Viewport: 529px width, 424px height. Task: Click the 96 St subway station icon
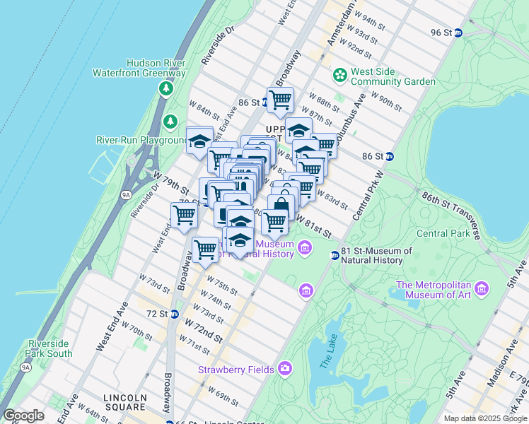coord(458,33)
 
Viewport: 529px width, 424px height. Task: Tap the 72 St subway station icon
coord(174,313)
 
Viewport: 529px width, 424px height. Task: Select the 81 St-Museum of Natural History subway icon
coord(335,256)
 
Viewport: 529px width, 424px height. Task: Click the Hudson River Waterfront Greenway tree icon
coord(166,88)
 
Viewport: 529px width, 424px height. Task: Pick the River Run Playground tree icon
coord(170,122)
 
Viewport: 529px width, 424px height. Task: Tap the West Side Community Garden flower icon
coord(339,74)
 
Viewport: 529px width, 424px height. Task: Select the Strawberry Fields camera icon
coord(284,367)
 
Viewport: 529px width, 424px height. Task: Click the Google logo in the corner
coord(24,416)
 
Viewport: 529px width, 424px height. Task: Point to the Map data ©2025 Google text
coord(485,418)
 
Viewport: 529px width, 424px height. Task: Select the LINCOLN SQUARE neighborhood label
coord(125,403)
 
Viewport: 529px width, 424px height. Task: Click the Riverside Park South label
coord(50,348)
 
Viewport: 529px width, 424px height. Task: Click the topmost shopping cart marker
coord(280,100)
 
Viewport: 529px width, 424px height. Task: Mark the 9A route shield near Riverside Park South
coord(25,367)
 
